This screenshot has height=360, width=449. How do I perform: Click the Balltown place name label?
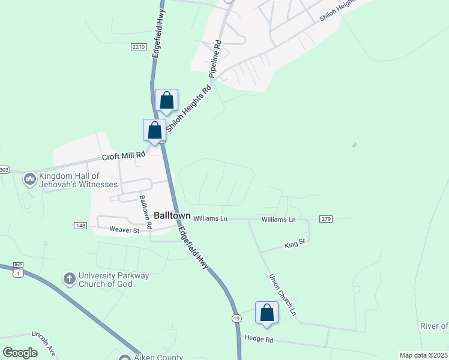point(172,215)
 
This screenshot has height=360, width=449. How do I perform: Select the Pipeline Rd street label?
point(215,59)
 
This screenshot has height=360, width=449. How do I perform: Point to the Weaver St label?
point(124,229)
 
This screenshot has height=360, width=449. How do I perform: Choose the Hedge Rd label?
point(259,339)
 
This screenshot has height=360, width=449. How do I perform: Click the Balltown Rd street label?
point(146,211)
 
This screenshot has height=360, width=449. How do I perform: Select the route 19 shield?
point(237,317)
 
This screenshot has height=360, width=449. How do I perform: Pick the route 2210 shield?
point(138,47)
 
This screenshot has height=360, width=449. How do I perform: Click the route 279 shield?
point(326,219)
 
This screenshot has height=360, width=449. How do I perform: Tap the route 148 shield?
point(80,225)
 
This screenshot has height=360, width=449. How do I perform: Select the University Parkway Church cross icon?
point(70,278)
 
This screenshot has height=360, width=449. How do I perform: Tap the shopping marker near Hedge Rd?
point(267,313)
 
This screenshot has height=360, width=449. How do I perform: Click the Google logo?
point(20,353)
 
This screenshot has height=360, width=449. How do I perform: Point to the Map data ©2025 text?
point(423,355)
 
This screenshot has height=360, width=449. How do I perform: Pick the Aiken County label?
point(159,357)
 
